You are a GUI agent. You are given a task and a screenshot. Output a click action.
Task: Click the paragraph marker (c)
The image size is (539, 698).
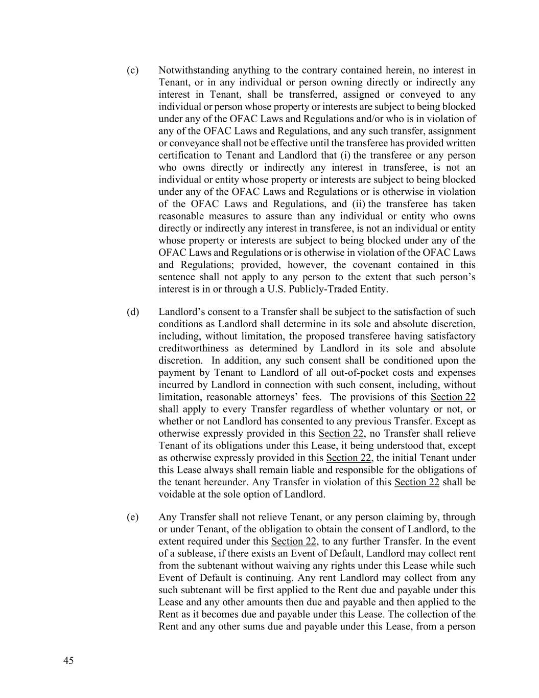point(132,70)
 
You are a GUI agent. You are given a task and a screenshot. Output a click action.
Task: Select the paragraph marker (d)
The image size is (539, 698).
point(132,312)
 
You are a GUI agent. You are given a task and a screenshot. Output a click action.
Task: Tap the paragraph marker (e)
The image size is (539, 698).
point(132,517)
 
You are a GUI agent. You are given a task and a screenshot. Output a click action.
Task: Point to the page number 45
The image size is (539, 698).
point(68,661)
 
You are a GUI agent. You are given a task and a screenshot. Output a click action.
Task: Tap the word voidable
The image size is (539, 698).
point(175,494)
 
